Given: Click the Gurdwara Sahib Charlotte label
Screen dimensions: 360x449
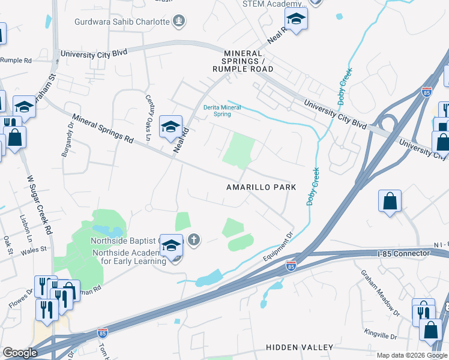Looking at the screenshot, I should click(122, 22).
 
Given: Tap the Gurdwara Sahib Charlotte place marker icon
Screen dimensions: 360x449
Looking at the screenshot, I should click(179, 22).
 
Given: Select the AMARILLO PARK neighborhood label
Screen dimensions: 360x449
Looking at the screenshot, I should click(261, 187).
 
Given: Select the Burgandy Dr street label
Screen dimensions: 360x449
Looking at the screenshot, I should click(66, 145).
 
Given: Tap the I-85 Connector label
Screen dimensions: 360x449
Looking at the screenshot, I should click(403, 254).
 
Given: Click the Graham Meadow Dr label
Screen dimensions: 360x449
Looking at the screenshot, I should click(379, 292).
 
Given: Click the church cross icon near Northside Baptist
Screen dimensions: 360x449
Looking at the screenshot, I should click(193, 241).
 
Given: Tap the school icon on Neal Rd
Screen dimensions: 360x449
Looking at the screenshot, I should click(170, 127).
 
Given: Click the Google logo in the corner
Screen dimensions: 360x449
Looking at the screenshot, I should click(20, 353).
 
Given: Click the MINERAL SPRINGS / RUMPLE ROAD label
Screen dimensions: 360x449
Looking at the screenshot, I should click(243, 61).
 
